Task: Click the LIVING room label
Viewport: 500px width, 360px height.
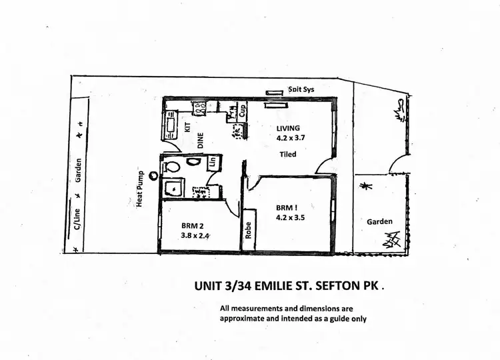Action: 289,128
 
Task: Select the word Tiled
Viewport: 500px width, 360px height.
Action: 287,155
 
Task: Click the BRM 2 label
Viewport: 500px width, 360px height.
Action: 192,225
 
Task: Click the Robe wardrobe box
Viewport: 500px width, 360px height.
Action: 249,229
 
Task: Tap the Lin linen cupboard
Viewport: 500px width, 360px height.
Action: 213,162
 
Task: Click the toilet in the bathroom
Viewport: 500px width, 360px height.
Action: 171,166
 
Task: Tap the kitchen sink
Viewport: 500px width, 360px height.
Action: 169,124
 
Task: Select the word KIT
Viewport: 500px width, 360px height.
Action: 187,126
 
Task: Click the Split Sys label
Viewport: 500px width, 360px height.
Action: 301,89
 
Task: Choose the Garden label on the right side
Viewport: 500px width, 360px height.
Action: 379,222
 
